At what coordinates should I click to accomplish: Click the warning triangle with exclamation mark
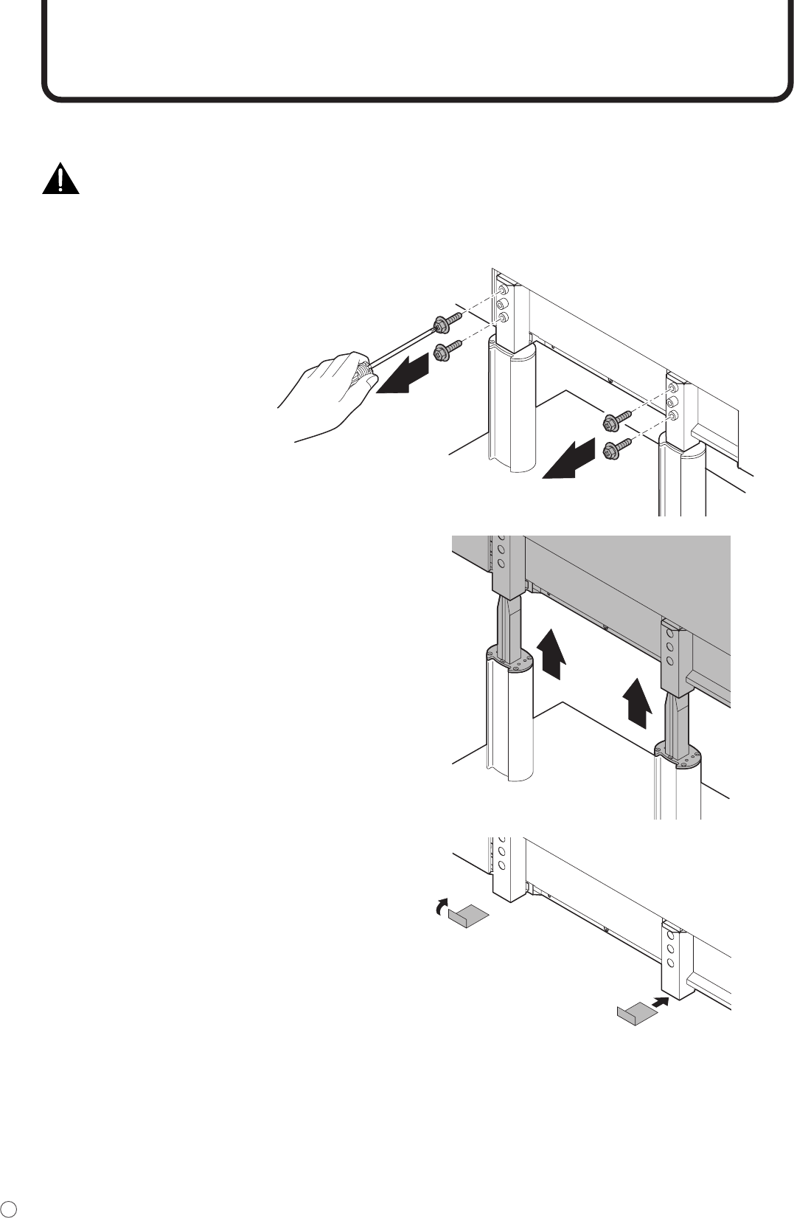[60, 179]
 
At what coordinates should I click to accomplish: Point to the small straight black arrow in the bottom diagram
[661, 1003]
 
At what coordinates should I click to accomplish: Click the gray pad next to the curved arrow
[469, 916]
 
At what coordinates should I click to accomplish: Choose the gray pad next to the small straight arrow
[636, 1014]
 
